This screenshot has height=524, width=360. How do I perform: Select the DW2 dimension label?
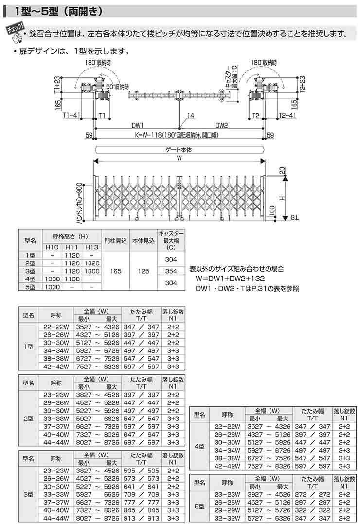(222, 125)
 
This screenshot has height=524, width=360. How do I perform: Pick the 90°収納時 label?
(119, 86)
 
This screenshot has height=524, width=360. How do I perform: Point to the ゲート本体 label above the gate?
(180, 150)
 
